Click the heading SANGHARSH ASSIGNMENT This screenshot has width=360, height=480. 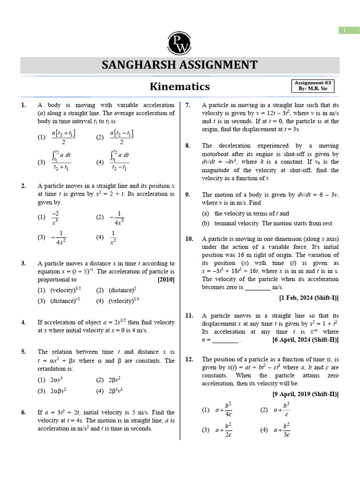pyautogui.click(x=180, y=65)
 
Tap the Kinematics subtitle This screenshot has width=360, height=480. pyautogui.click(x=180, y=87)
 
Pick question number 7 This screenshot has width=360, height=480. pyautogui.click(x=187, y=105)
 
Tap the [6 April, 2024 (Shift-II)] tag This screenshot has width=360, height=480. pyautogui.click(x=305, y=340)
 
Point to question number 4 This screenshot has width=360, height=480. pyautogui.click(x=23, y=322)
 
